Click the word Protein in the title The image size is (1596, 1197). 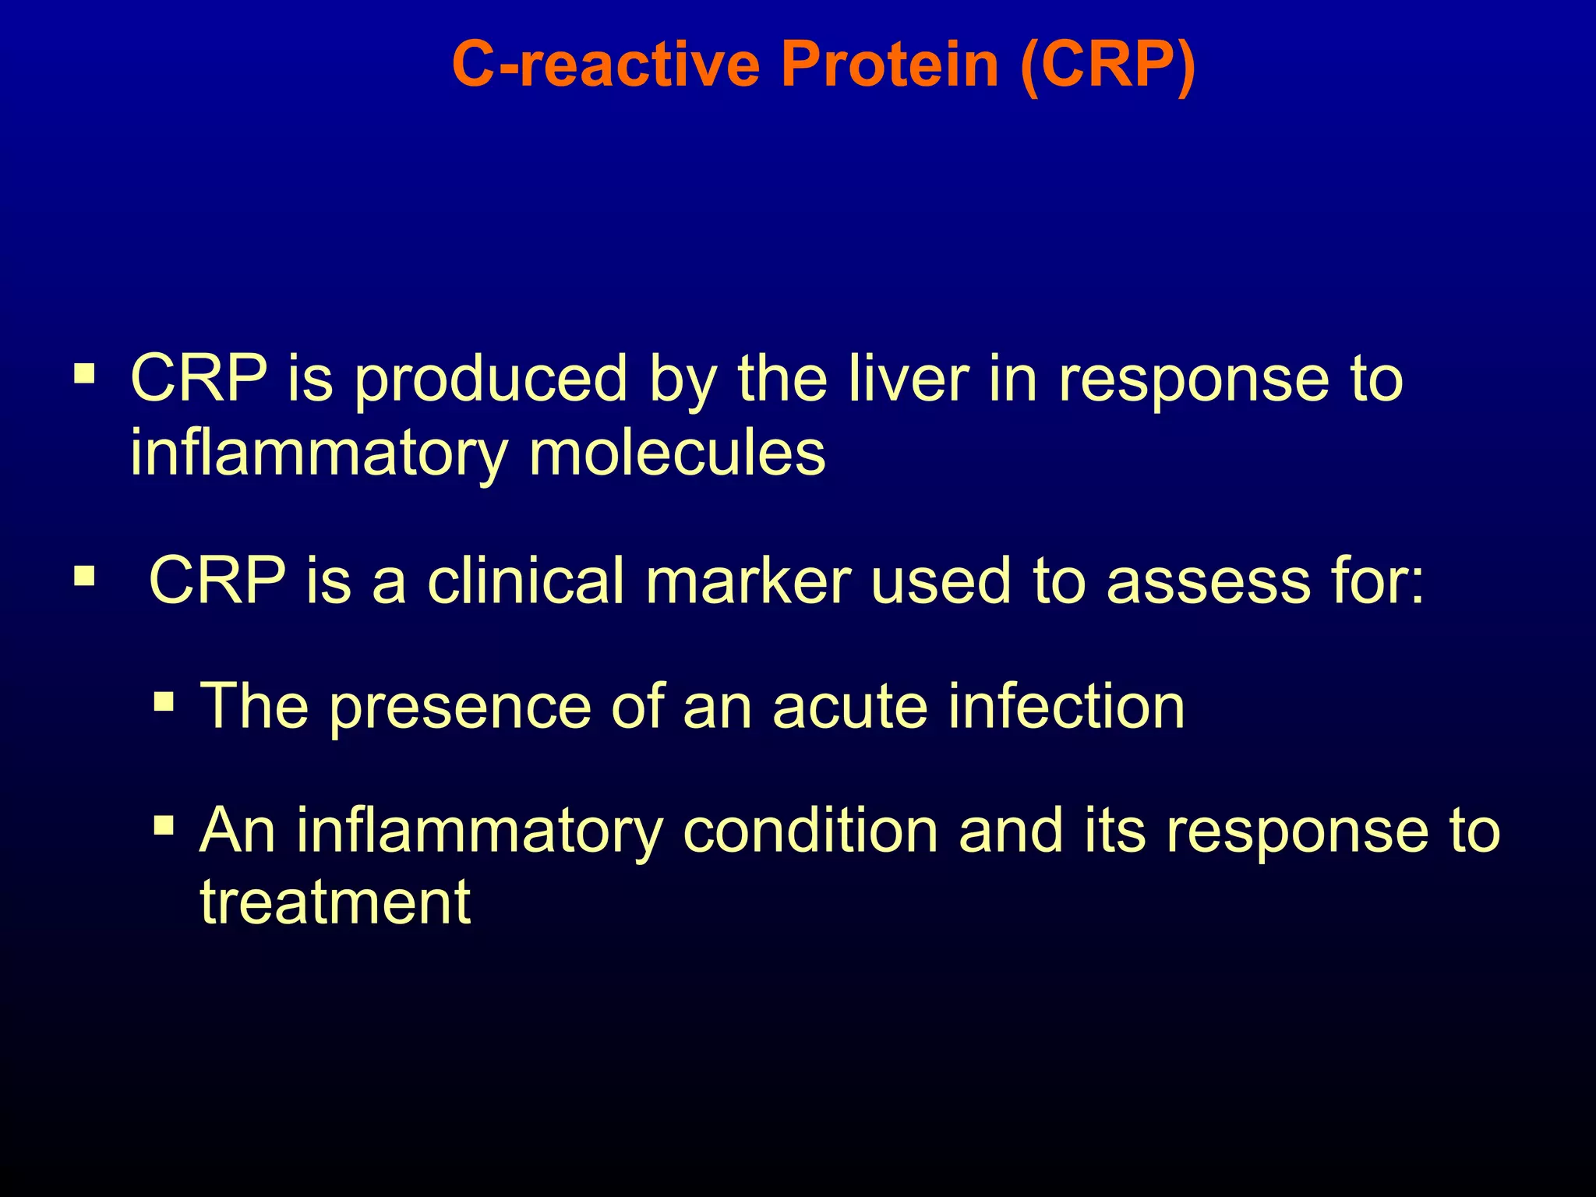(890, 64)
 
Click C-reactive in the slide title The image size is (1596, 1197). (606, 64)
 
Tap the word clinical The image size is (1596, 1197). (526, 581)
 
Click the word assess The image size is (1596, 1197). (1208, 582)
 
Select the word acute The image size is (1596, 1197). (850, 707)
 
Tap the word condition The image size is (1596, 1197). (810, 831)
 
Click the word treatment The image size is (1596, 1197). (335, 902)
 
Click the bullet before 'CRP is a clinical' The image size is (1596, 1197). (84, 577)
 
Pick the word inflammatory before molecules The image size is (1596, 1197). (319, 454)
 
